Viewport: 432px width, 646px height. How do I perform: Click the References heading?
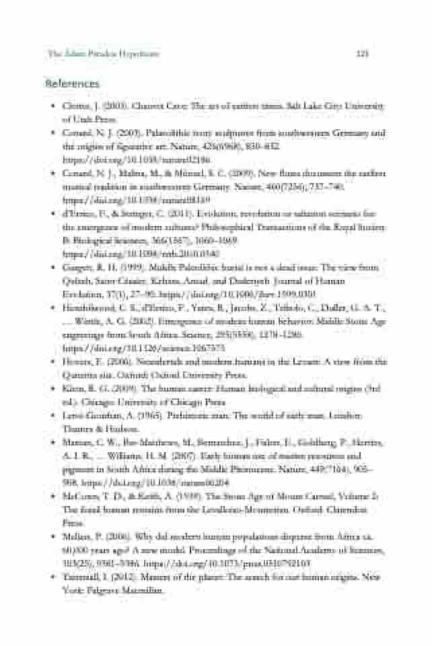(x=72, y=83)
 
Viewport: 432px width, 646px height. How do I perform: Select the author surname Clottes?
(x=75, y=106)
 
